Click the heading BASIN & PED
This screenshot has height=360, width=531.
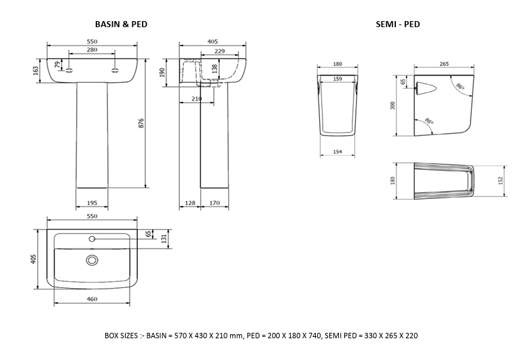click(x=120, y=24)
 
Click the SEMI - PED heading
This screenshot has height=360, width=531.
click(x=398, y=24)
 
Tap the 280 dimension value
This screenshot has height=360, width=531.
click(x=92, y=50)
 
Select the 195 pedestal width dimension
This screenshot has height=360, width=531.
click(x=92, y=202)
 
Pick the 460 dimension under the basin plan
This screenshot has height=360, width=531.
click(x=92, y=299)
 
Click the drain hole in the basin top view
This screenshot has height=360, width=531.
click(x=92, y=259)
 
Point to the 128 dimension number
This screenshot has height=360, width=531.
click(x=189, y=202)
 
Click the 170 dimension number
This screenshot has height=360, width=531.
click(x=214, y=202)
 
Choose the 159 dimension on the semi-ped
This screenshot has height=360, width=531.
click(x=337, y=78)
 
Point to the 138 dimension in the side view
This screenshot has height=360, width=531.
click(x=215, y=69)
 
